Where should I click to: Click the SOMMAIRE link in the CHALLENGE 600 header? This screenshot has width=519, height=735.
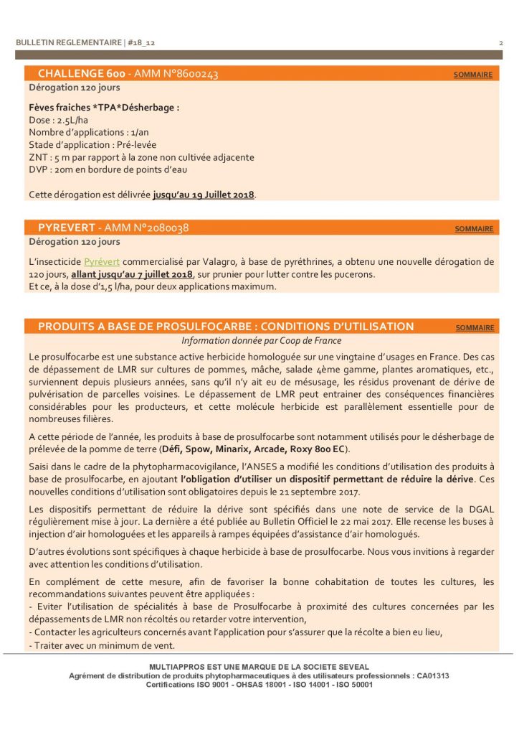pyautogui.click(x=473, y=75)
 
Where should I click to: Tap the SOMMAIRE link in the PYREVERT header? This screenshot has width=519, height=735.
pyautogui.click(x=474, y=229)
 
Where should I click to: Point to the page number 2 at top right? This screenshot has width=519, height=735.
pyautogui.click(x=500, y=43)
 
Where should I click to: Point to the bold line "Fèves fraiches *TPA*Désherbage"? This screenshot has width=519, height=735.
pyautogui.click(x=103, y=108)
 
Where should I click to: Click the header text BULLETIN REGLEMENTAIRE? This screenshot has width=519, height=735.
pyautogui.click(x=69, y=43)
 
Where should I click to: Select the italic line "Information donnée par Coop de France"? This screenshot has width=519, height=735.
pyautogui.click(x=261, y=341)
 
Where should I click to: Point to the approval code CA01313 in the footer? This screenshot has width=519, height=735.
pyautogui.click(x=432, y=675)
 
